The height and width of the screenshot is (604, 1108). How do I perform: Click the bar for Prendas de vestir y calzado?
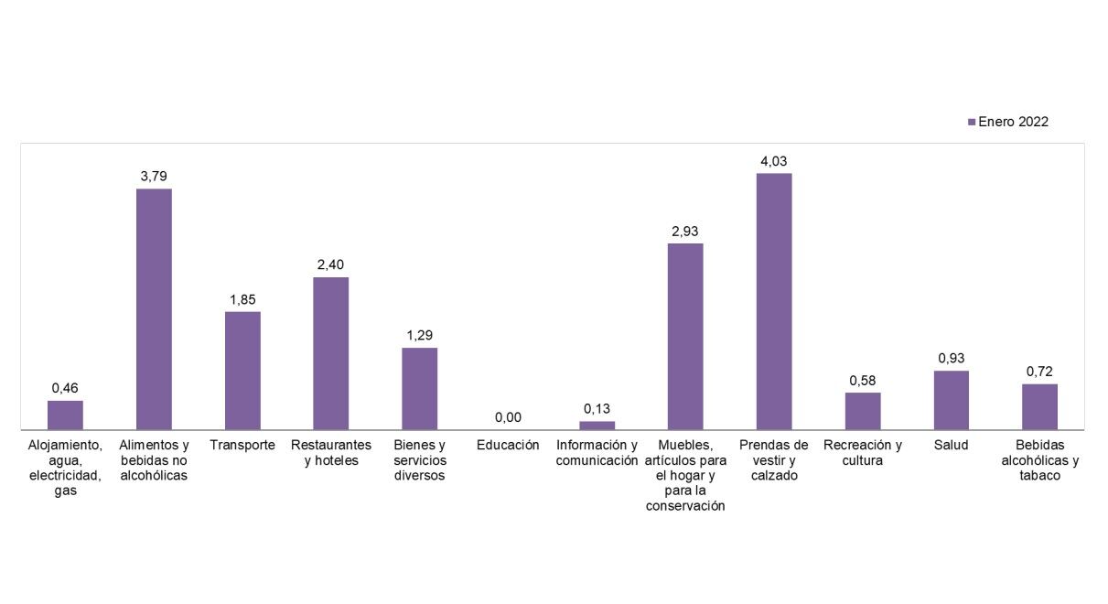[x=774, y=301]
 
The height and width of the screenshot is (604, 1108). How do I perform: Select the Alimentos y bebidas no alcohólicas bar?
[x=154, y=308]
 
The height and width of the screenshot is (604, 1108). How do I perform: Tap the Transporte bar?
[x=242, y=370]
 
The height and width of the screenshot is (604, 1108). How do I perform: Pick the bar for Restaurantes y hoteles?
[x=331, y=352]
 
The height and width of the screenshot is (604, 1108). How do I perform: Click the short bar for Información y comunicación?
[x=597, y=425]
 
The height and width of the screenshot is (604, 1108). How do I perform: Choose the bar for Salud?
[x=952, y=399]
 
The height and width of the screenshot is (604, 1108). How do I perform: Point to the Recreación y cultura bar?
[x=863, y=410]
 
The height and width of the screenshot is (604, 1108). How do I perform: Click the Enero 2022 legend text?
[x=1013, y=122]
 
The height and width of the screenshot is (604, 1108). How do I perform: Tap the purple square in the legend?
[x=972, y=122]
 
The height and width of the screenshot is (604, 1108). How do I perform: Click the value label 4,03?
[x=774, y=161]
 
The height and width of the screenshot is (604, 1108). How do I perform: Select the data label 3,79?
[x=154, y=177]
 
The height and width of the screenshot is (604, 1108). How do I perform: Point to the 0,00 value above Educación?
[x=508, y=417]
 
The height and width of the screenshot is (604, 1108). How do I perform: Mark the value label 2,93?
[x=685, y=232]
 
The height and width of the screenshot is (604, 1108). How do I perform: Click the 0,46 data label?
[x=65, y=388]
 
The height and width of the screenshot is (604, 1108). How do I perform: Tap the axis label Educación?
[x=508, y=445]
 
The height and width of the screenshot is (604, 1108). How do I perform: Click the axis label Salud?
[x=952, y=445]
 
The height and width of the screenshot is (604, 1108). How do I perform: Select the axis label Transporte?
[x=242, y=445]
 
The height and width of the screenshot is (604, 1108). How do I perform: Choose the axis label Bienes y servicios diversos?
[x=420, y=459]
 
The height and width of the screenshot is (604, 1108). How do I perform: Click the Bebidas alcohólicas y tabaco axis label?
[x=1040, y=459]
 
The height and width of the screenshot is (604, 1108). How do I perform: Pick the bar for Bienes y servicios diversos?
[x=420, y=388]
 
